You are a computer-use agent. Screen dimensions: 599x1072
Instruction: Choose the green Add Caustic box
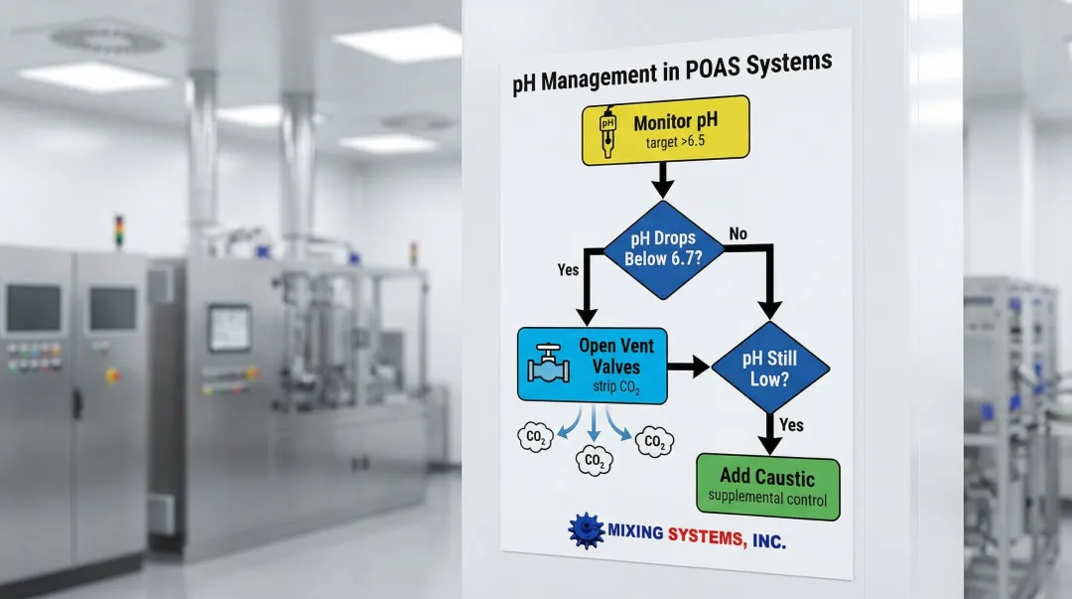pyautogui.click(x=767, y=488)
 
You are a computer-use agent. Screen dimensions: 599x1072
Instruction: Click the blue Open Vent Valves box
pyautogui.click(x=593, y=366)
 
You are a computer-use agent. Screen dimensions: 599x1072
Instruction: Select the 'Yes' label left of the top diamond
pyautogui.click(x=569, y=269)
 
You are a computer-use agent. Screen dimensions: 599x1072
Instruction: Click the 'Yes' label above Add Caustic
pyautogui.click(x=792, y=425)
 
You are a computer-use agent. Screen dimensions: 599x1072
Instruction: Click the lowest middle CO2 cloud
pyautogui.click(x=596, y=460)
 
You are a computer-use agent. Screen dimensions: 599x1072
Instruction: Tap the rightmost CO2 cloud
pyautogui.click(x=654, y=442)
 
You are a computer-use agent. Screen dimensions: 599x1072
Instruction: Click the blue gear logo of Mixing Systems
pyautogui.click(x=587, y=530)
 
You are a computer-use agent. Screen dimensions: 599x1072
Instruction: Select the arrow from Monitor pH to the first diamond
pyautogui.click(x=662, y=181)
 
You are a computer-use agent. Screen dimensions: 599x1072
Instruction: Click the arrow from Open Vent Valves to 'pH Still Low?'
pyautogui.click(x=688, y=367)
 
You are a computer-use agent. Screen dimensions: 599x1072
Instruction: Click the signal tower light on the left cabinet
pyautogui.click(x=120, y=230)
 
